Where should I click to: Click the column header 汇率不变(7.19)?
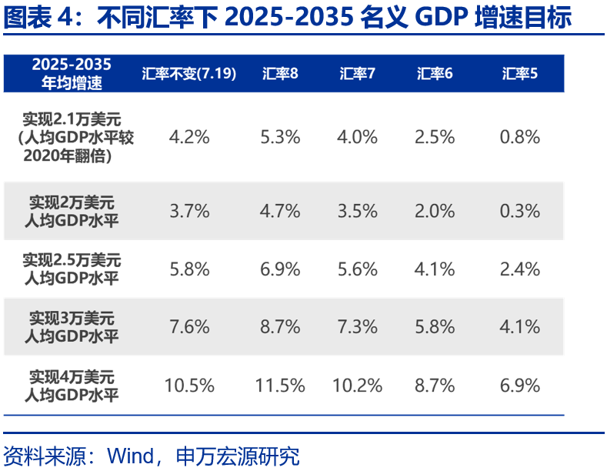[x=188, y=74]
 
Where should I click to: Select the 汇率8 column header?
[x=280, y=74]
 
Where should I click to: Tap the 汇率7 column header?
[x=357, y=74]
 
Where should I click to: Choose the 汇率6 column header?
[x=435, y=74]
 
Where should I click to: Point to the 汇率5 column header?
[x=519, y=74]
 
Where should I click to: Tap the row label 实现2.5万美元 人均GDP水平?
[x=72, y=269]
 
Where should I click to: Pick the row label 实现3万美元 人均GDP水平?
[x=72, y=327]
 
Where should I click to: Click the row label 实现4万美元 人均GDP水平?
[x=72, y=386]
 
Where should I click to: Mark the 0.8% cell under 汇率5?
[x=519, y=138]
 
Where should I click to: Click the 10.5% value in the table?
[x=189, y=386]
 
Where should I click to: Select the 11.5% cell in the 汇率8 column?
[x=280, y=386]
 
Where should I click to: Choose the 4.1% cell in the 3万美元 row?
[x=519, y=327]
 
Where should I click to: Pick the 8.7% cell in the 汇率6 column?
[x=435, y=386]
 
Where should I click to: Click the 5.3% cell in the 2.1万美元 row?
[x=280, y=138]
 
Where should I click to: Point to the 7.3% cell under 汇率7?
[x=357, y=327]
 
